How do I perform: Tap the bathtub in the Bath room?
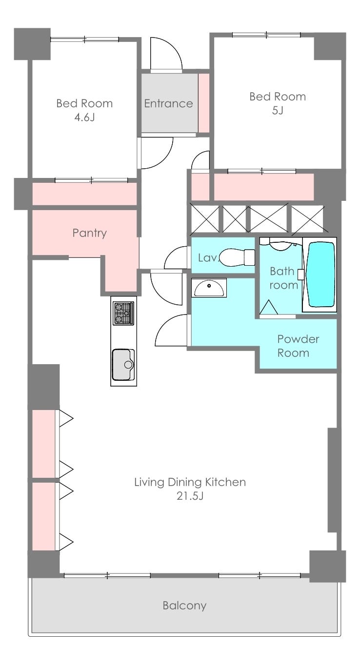click(x=321, y=274)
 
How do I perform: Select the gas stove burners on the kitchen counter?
click(x=123, y=313)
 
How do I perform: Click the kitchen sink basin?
click(x=123, y=365)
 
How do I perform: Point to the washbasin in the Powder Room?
click(x=209, y=288)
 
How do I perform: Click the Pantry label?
click(x=89, y=233)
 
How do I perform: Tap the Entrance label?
click(x=168, y=103)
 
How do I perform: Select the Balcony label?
click(x=184, y=605)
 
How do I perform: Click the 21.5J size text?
click(x=190, y=496)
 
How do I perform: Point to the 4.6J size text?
click(x=84, y=117)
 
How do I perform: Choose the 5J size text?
click(x=278, y=111)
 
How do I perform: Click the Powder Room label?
click(x=298, y=346)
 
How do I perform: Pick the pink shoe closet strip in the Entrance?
click(x=203, y=103)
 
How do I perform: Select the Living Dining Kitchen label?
click(x=190, y=482)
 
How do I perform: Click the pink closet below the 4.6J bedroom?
click(x=84, y=194)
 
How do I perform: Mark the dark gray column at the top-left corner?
click(x=32, y=44)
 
